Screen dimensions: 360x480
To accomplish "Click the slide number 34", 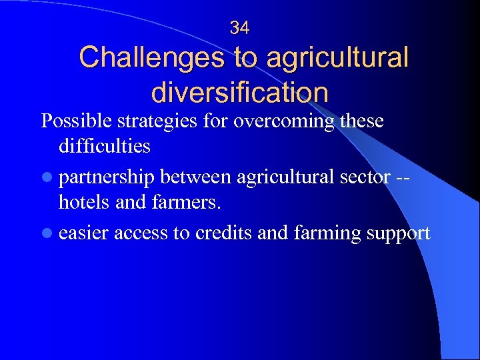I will pyautogui.click(x=239, y=27).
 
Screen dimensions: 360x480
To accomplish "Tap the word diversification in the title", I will pyautogui.click(x=240, y=92).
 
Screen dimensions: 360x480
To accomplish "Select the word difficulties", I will pyautogui.click(x=105, y=145).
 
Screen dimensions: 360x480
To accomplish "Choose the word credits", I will pyautogui.click(x=221, y=233).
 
